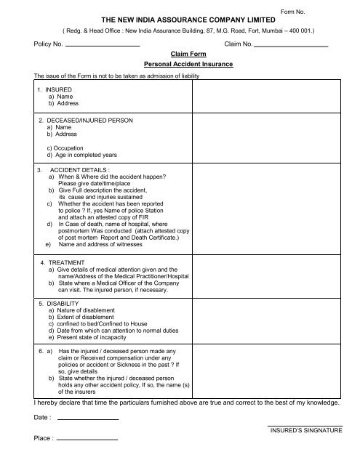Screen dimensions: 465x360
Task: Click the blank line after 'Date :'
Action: [87, 419]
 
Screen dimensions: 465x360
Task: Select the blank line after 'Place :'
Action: [87, 439]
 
